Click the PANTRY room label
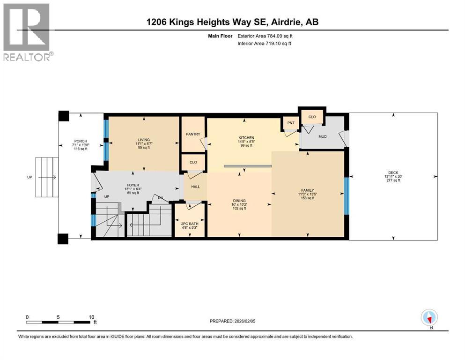coord(193,135)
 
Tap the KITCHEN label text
coord(246,138)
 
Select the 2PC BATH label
coord(190,224)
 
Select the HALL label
coord(195,187)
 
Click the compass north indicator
coord(429,318)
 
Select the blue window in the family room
coord(347,195)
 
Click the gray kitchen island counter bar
coord(247,166)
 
